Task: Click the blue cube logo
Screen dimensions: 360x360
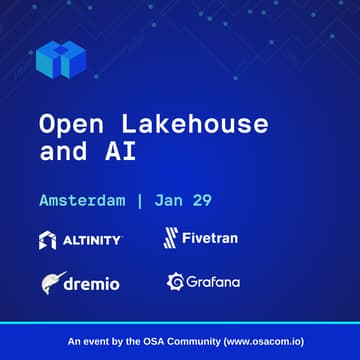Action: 57,59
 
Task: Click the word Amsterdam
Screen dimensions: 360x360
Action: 82,200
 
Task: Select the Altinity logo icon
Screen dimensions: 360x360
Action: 48,240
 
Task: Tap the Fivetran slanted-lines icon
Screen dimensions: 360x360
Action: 171,238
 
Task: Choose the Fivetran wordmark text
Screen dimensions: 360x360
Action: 211,238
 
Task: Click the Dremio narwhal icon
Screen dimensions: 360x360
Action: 53,283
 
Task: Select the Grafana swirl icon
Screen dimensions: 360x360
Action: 174,282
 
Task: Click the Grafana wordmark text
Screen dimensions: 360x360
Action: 213,282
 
